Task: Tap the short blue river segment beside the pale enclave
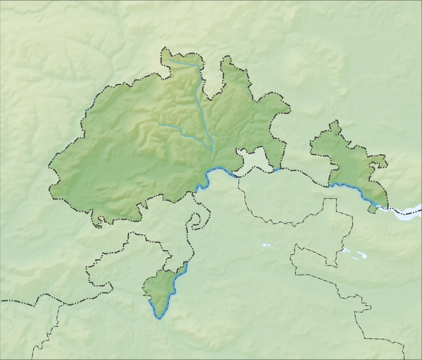tap(277, 170)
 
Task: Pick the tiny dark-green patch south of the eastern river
tap(372, 209)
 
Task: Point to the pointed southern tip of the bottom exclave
tap(159, 318)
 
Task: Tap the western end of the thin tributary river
tap(159, 123)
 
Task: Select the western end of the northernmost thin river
tap(170, 60)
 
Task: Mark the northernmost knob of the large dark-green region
tap(165, 53)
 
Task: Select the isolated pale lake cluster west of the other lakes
tap(266, 244)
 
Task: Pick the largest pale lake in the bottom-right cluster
tap(361, 255)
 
